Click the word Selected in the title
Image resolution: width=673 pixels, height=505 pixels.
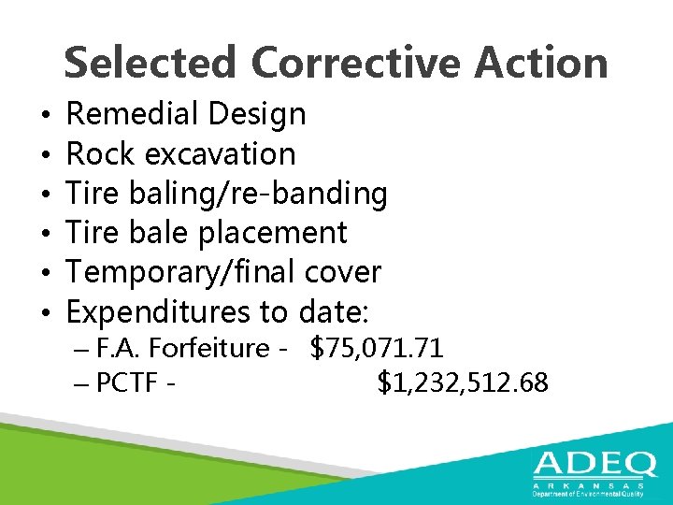[x=150, y=64]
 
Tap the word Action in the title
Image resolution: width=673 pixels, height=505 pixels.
[x=541, y=64]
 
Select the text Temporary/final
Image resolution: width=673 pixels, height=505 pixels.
[x=183, y=272]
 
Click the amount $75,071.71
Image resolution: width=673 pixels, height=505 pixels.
[x=377, y=349]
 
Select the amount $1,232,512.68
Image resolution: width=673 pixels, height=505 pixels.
[x=463, y=382]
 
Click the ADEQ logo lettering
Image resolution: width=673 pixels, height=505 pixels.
[x=588, y=465]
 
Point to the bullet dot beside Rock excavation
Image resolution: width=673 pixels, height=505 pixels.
[x=46, y=154]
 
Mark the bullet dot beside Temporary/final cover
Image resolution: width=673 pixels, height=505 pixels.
[x=46, y=272]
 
